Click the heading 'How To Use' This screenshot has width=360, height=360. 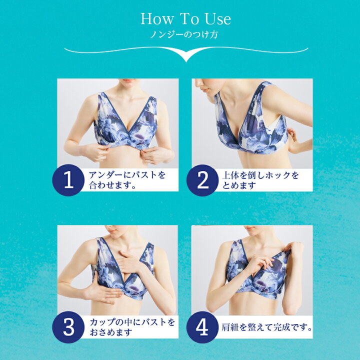pyautogui.click(x=185, y=19)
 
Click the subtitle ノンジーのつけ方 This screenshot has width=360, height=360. pyautogui.click(x=184, y=35)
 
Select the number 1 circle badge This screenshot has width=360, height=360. pyautogui.click(x=68, y=180)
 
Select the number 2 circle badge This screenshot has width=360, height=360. pyautogui.click(x=202, y=180)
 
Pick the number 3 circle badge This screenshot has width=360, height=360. pyautogui.click(x=68, y=327)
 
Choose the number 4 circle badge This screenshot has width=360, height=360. pyautogui.click(x=202, y=327)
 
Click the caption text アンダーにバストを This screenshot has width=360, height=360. pyautogui.click(x=127, y=175)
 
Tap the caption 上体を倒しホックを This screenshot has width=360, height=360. pyautogui.click(x=260, y=175)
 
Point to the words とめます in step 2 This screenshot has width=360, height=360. pyautogui.click(x=239, y=185)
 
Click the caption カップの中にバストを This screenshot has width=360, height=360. pyautogui.click(x=132, y=322)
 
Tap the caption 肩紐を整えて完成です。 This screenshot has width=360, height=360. pyautogui.click(x=267, y=327)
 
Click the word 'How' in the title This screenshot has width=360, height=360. pyautogui.click(x=157, y=19)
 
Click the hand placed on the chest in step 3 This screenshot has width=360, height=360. pyautogui.click(x=129, y=261)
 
